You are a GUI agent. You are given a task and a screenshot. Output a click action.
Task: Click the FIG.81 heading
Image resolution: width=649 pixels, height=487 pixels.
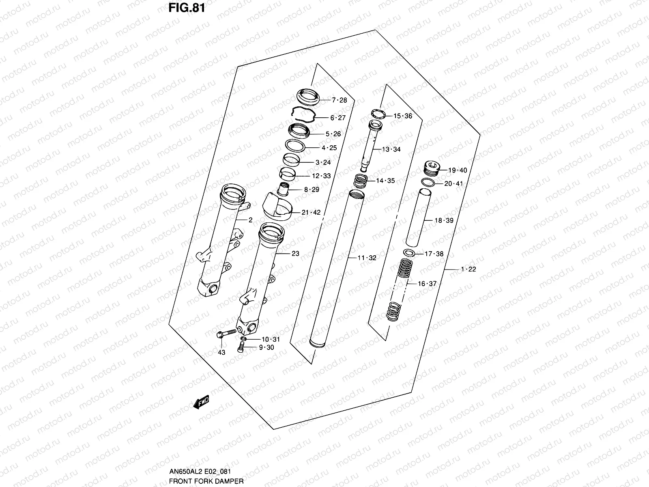(187, 8)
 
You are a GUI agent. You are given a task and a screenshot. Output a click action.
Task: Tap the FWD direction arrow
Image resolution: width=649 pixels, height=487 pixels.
(201, 402)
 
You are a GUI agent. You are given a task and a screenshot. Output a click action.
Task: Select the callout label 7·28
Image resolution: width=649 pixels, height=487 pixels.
(340, 100)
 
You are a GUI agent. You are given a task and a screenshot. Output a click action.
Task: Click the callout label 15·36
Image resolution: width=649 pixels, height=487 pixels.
(403, 116)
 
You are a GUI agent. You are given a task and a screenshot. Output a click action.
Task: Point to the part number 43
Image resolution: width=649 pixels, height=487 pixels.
(221, 352)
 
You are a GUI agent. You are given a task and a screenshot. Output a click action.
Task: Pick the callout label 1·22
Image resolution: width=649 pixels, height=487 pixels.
(468, 269)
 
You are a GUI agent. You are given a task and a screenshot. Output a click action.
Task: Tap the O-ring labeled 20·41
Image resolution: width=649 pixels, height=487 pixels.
(428, 183)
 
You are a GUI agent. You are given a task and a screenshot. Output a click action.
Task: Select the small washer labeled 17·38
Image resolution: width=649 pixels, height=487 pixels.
(409, 253)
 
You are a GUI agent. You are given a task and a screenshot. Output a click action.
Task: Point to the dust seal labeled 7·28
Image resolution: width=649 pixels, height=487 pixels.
(308, 97)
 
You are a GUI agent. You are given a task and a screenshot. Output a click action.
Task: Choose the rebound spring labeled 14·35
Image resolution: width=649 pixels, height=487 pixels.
(361, 181)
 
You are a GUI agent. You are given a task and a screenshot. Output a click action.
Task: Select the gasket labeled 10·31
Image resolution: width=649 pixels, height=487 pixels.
(243, 338)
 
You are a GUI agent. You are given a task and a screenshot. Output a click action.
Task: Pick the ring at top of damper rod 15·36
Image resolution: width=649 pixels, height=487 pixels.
(378, 114)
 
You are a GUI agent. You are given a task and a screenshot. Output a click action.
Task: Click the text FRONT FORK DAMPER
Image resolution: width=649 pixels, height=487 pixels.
(206, 481)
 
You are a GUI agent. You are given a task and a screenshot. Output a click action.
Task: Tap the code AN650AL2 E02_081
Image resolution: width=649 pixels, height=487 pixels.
(200, 471)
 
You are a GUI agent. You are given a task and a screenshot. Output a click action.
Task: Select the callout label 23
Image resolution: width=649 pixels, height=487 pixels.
(295, 253)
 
